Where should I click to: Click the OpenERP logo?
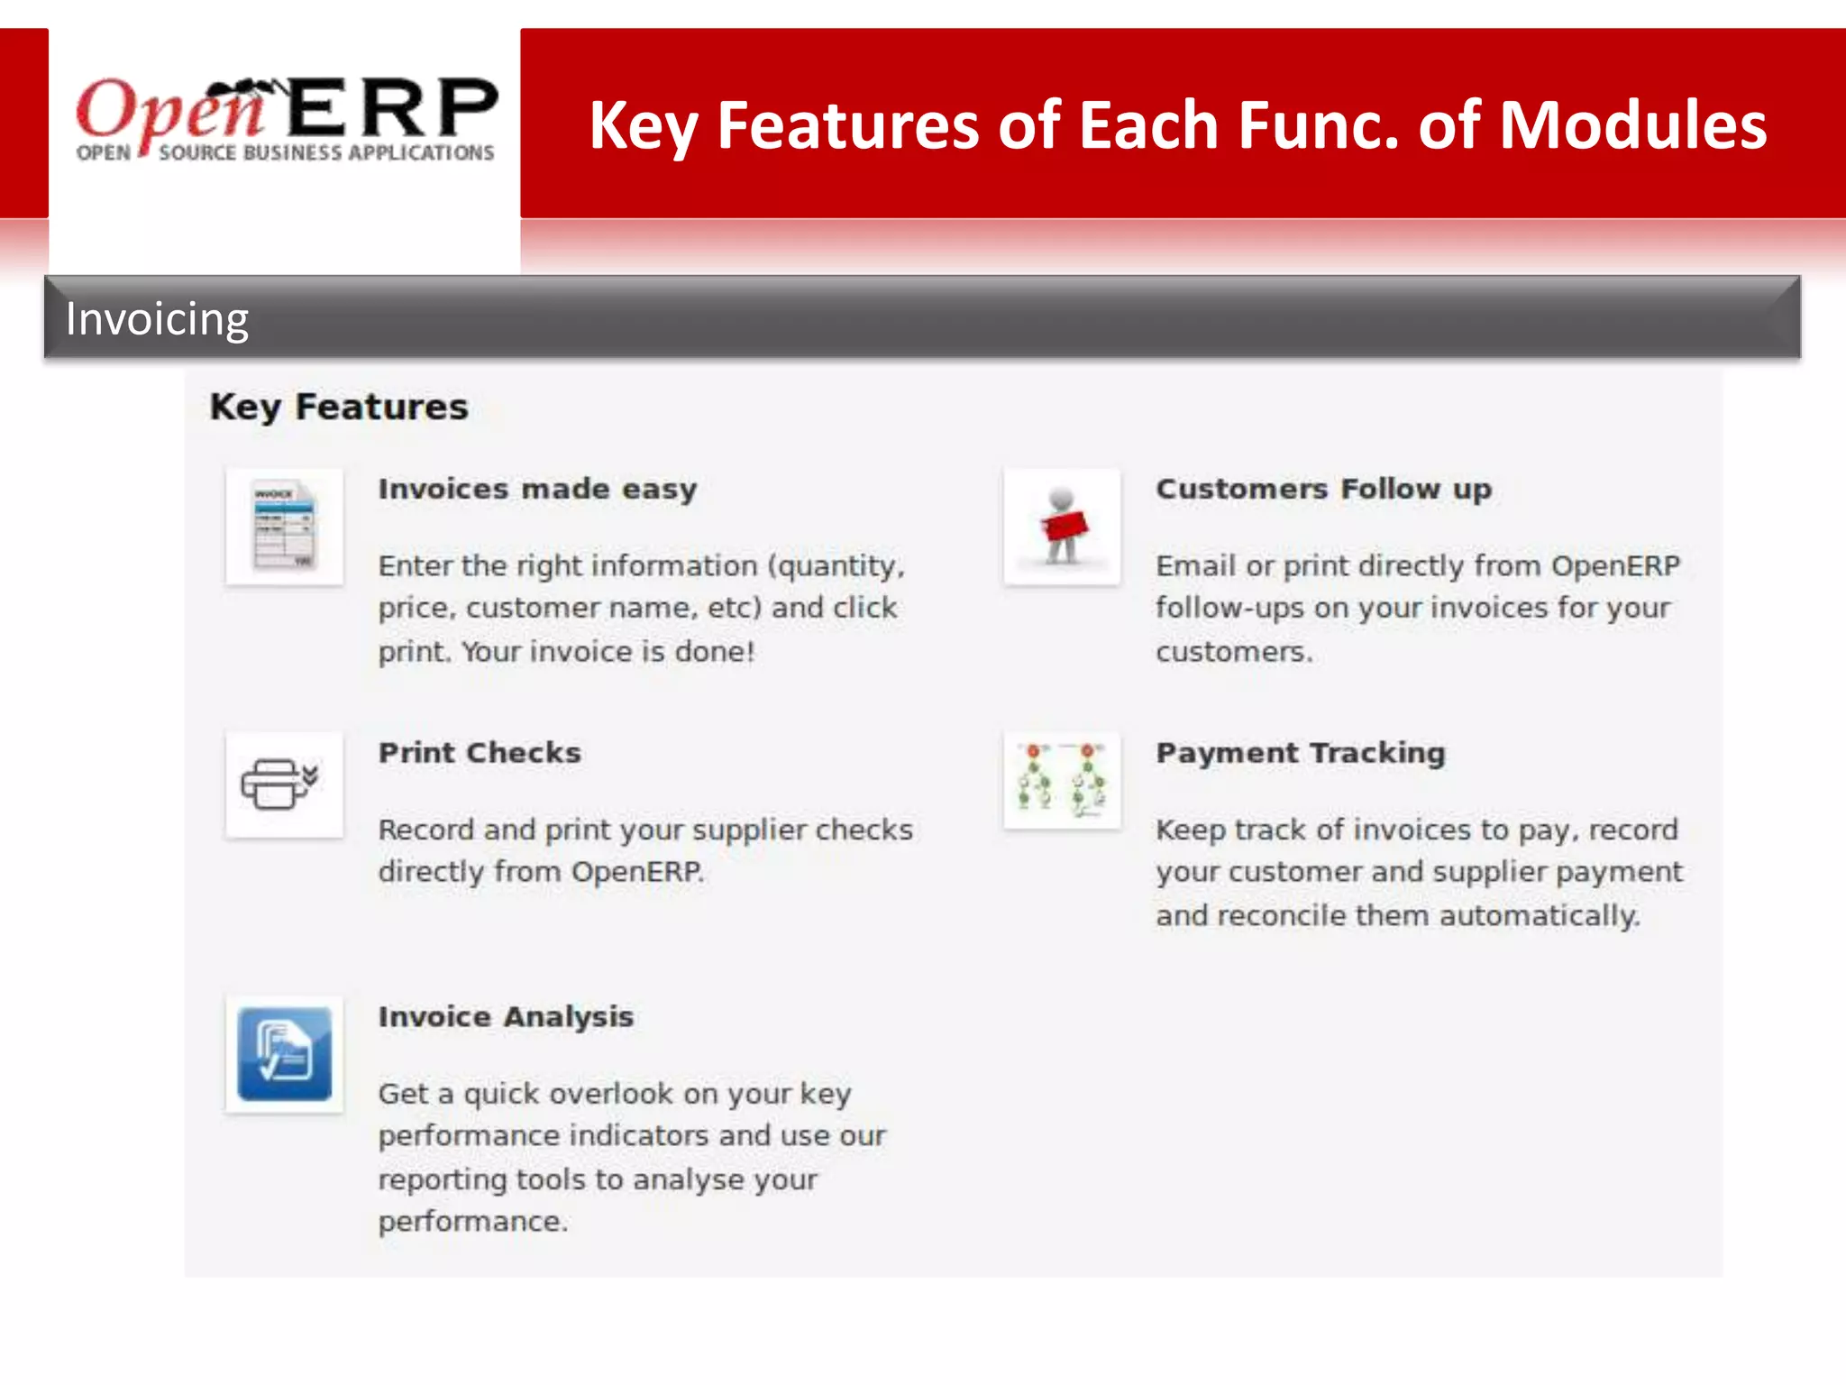pyautogui.click(x=286, y=120)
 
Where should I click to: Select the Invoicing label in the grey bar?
pyautogui.click(x=157, y=319)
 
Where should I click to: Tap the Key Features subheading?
pyautogui.click(x=339, y=407)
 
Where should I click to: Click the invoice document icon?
pyautogui.click(x=285, y=526)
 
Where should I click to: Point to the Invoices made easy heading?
pyautogui.click(x=537, y=489)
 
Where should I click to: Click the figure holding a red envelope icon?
pyautogui.click(x=1062, y=526)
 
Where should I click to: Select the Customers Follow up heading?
pyautogui.click(x=1323, y=489)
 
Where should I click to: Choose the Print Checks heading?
pyautogui.click(x=480, y=752)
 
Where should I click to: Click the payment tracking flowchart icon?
pyautogui.click(x=1062, y=780)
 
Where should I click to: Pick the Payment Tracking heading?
pyautogui.click(x=1300, y=752)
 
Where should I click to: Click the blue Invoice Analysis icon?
pyautogui.click(x=285, y=1053)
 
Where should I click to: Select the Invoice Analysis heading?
pyautogui.click(x=506, y=1016)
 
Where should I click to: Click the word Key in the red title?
pyautogui.click(x=643, y=125)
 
